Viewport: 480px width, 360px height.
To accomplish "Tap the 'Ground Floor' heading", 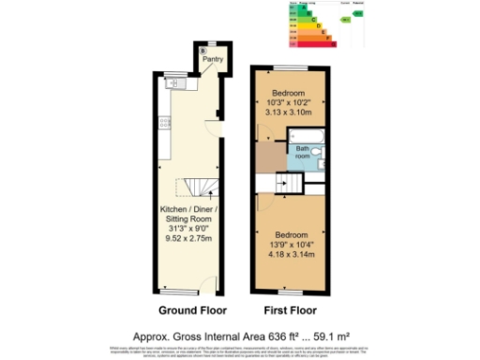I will [187, 309].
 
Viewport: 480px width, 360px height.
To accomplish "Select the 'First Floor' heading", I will [290, 309].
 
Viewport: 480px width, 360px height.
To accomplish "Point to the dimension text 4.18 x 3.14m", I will [290, 252].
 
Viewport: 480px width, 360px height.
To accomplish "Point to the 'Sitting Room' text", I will [187, 217].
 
